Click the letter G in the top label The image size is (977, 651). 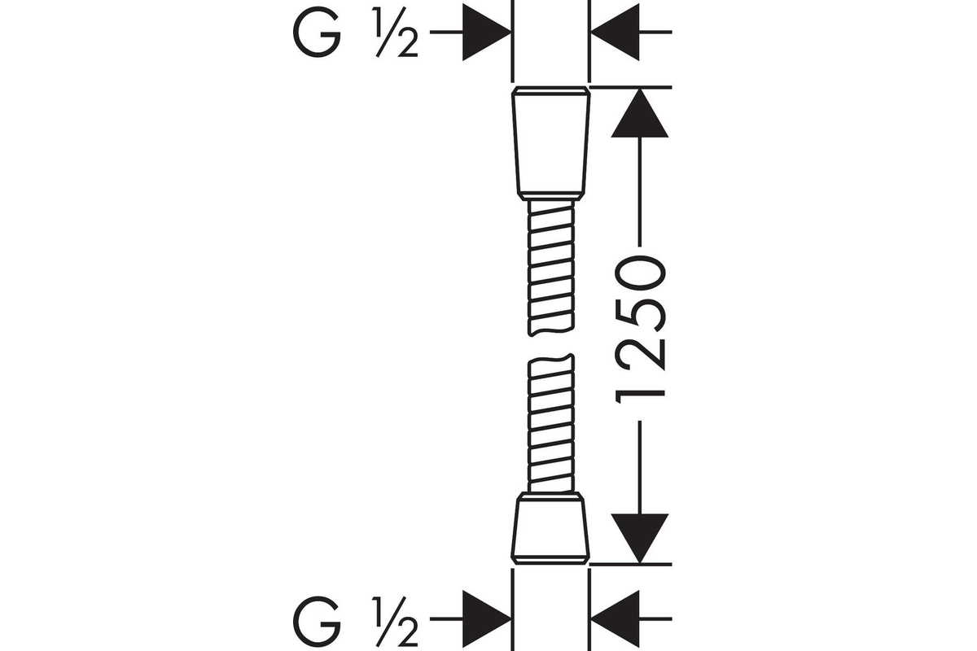[x=317, y=33]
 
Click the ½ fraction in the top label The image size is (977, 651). [x=396, y=33]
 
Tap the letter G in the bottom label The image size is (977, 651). [x=317, y=619]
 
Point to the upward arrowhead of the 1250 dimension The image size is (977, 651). [x=639, y=112]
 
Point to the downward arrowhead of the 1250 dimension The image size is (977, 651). [x=639, y=539]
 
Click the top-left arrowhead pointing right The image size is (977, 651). [x=487, y=33]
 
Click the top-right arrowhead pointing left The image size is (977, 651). [x=615, y=33]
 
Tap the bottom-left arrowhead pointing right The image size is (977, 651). [x=487, y=618]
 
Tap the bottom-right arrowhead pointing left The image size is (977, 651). [x=615, y=618]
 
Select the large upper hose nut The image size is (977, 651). [x=551, y=143]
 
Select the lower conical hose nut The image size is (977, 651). [x=550, y=528]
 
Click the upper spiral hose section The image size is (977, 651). [x=551, y=269]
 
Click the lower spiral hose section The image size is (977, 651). [x=551, y=423]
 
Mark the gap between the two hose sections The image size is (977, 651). [x=551, y=345]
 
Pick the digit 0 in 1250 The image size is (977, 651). [x=640, y=274]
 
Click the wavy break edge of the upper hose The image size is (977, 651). [x=551, y=332]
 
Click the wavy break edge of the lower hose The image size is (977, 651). [x=551, y=359]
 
